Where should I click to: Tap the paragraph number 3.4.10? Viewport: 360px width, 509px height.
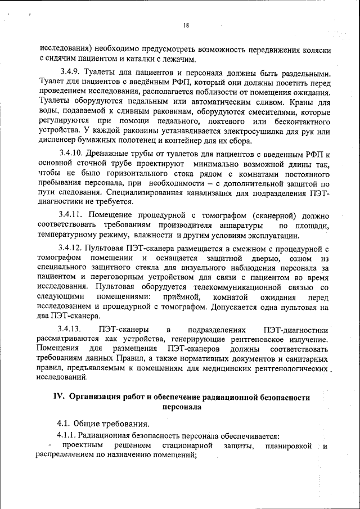(73, 154)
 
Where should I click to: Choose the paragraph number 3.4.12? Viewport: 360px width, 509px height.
(73, 248)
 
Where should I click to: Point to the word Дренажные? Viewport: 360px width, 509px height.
(110, 154)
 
